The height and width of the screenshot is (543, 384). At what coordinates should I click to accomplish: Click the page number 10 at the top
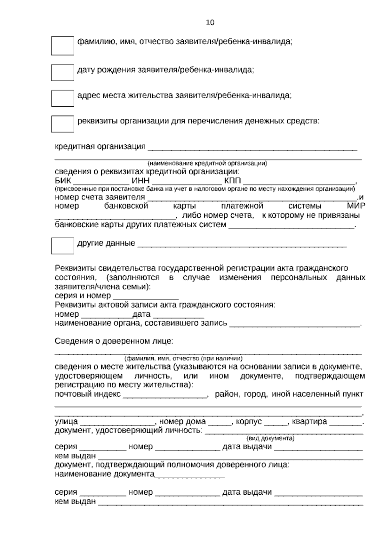[x=210, y=23]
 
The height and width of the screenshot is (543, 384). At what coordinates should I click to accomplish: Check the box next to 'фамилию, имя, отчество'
[x=62, y=45]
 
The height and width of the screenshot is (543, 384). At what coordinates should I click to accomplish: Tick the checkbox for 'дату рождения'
[x=62, y=73]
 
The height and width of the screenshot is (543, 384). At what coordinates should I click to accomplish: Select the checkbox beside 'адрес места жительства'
[x=62, y=98]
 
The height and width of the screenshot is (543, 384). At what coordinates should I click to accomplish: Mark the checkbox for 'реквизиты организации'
[x=62, y=124]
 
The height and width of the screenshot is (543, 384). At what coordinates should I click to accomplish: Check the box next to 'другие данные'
[x=62, y=246]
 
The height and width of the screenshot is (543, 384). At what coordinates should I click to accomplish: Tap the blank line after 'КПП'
[x=299, y=182]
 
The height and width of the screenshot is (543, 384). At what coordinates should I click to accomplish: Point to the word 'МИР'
[x=356, y=206]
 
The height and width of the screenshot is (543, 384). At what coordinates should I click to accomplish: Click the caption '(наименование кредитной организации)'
[x=207, y=163]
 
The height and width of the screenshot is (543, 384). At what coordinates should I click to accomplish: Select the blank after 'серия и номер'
[x=146, y=296]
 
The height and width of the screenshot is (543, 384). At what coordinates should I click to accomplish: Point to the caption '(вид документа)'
[x=270, y=438]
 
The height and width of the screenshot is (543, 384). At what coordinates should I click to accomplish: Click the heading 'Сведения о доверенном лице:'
[x=114, y=341]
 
